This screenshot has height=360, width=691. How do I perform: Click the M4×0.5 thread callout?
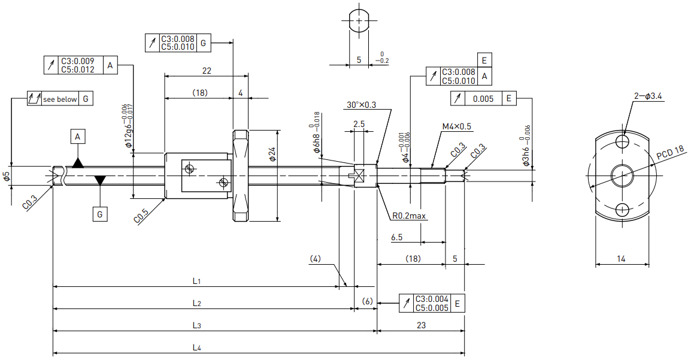click(456, 126)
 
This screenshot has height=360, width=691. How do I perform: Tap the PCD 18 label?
click(670, 153)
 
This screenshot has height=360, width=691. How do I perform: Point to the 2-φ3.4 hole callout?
click(648, 96)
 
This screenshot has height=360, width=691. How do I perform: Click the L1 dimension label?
click(196, 281)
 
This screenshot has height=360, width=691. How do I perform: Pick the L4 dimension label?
click(197, 347)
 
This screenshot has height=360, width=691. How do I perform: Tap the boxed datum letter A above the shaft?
click(78, 137)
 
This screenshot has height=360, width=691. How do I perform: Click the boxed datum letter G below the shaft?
click(100, 214)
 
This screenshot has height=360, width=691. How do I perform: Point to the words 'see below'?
click(60, 99)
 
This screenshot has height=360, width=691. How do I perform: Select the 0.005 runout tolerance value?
click(483, 99)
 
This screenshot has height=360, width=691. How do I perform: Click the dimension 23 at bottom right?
click(422, 325)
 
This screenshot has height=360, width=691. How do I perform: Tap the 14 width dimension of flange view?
click(621, 259)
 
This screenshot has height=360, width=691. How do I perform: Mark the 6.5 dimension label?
click(396, 237)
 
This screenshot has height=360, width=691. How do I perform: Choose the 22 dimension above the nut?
click(206, 71)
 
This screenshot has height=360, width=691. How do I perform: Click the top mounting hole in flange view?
click(623, 142)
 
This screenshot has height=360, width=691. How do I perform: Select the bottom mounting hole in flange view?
click(623, 209)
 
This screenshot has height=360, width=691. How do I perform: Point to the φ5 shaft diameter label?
click(6, 177)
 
